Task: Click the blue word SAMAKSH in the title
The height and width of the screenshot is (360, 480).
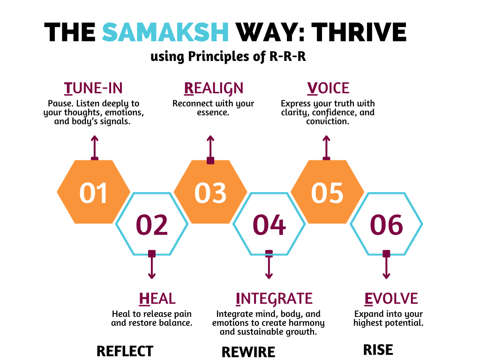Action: click(x=165, y=32)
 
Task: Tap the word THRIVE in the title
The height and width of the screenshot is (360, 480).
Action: click(x=359, y=32)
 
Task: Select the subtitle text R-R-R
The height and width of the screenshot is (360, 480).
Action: click(x=287, y=56)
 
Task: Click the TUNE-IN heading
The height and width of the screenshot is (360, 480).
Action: click(x=93, y=88)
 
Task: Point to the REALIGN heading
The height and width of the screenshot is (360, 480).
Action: click(x=214, y=89)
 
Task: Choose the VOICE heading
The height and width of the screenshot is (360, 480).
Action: click(x=328, y=88)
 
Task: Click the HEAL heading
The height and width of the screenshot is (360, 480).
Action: click(x=157, y=299)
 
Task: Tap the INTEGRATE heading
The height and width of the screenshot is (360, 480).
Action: click(x=274, y=299)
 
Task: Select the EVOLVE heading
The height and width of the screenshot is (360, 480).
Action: click(x=391, y=299)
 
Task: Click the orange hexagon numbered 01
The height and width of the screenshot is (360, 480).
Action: click(x=93, y=192)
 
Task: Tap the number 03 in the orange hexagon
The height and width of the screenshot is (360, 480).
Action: click(x=210, y=193)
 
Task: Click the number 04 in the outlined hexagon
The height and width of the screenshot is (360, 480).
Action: click(x=269, y=225)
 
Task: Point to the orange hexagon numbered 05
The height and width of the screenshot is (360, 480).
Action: click(x=327, y=192)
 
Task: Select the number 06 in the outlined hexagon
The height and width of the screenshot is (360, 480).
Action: click(x=386, y=225)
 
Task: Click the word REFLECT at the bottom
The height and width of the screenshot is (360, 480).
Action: click(x=125, y=351)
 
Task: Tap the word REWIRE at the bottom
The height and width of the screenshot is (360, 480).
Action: click(x=248, y=352)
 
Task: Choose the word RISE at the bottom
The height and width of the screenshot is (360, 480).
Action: click(x=378, y=350)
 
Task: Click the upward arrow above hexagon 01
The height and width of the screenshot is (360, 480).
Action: click(x=95, y=148)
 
